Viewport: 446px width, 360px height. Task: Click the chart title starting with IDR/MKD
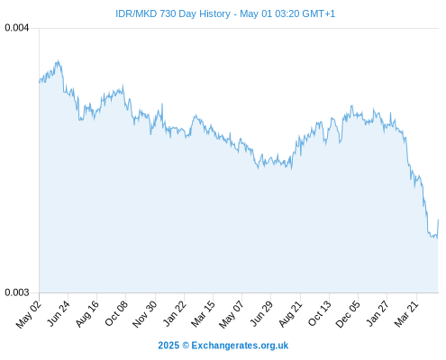(x=225, y=13)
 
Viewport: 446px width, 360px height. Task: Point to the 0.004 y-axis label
(x=17, y=28)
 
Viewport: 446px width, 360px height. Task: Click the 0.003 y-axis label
(x=17, y=292)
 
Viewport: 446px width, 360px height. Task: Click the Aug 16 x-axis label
(x=87, y=314)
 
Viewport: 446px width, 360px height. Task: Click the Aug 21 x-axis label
(x=290, y=314)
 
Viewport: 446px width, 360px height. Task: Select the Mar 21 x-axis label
(x=406, y=314)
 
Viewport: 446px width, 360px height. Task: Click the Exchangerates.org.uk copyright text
(x=223, y=346)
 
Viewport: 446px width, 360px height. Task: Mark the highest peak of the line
(x=59, y=60)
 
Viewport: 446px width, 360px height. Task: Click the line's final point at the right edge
(x=438, y=220)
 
